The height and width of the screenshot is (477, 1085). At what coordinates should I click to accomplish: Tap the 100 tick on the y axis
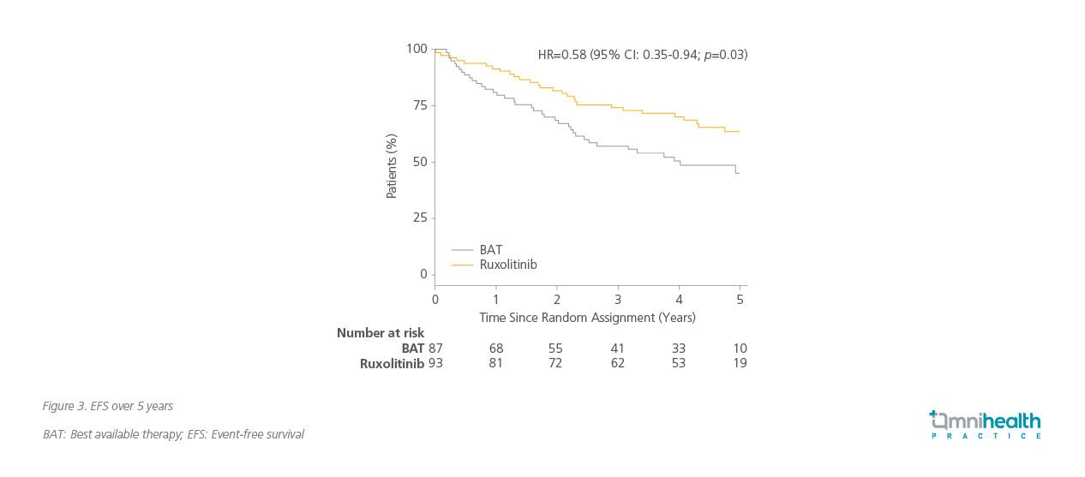pyautogui.click(x=417, y=49)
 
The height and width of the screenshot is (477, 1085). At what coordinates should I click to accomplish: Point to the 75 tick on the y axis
pyautogui.click(x=420, y=105)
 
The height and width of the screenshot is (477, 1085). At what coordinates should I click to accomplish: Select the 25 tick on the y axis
pyautogui.click(x=420, y=218)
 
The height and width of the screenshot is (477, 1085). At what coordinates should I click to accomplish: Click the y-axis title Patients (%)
pyautogui.click(x=392, y=166)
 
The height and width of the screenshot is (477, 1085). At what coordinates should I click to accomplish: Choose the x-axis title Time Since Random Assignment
pyautogui.click(x=587, y=317)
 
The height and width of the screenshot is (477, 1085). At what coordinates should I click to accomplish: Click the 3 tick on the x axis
pyautogui.click(x=618, y=299)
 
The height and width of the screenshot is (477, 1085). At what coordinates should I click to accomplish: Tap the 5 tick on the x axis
pyautogui.click(x=740, y=299)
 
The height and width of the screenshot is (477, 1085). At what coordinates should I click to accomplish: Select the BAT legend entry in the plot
pyautogui.click(x=491, y=250)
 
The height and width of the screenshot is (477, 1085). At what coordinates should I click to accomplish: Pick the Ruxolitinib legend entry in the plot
pyautogui.click(x=508, y=265)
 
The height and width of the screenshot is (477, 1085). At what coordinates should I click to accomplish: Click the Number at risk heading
pyautogui.click(x=380, y=333)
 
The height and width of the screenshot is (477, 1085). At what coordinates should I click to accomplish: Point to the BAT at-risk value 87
pyautogui.click(x=435, y=349)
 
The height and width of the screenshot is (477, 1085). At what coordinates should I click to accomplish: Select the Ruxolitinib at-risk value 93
pyautogui.click(x=435, y=363)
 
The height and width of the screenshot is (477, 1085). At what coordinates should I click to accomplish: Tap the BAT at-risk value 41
pyautogui.click(x=618, y=349)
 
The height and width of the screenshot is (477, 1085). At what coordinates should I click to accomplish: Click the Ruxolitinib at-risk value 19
pyautogui.click(x=740, y=363)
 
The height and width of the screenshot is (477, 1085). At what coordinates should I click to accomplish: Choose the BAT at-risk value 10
pyautogui.click(x=740, y=349)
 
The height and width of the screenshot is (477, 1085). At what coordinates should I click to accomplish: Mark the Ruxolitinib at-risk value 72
pyautogui.click(x=557, y=363)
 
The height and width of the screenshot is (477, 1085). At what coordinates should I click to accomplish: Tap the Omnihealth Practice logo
pyautogui.click(x=986, y=425)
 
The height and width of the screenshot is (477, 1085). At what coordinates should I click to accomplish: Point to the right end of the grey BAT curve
pyautogui.click(x=738, y=173)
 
